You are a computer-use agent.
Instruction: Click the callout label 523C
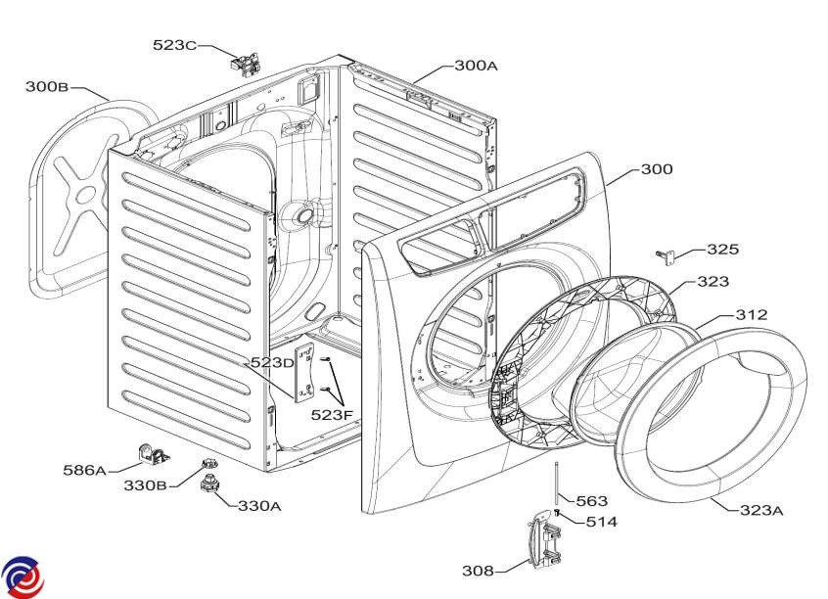(x=175, y=45)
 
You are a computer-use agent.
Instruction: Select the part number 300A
(x=477, y=65)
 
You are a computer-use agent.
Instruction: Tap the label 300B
(x=47, y=86)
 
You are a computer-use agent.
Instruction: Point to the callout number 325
(x=723, y=249)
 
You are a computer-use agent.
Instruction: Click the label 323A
(x=761, y=510)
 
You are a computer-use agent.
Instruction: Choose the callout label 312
(x=752, y=315)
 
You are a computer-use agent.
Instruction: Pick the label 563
(x=591, y=501)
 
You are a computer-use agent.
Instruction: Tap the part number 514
(x=602, y=522)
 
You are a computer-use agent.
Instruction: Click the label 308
(x=478, y=571)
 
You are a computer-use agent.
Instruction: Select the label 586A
(x=84, y=470)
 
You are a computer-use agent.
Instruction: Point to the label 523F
(x=332, y=415)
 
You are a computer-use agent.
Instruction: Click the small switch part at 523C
(x=245, y=64)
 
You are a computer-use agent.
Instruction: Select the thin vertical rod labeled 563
(x=557, y=484)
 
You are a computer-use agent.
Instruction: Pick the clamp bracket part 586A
(x=154, y=454)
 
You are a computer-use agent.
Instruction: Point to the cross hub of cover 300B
(x=84, y=195)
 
